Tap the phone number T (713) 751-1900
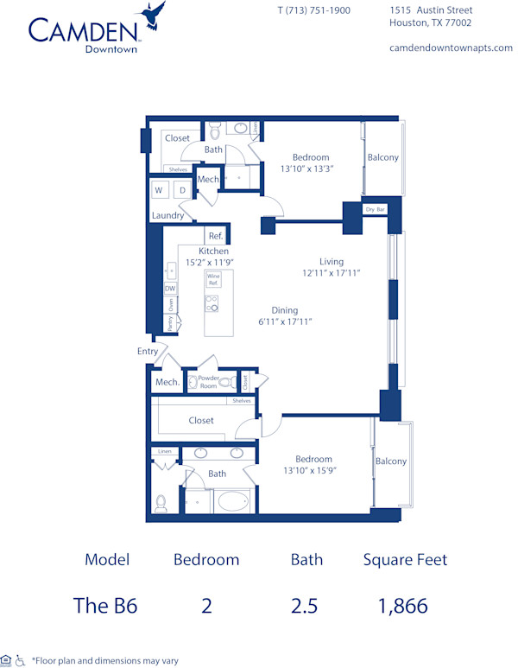[x=313, y=10]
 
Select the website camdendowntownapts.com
[x=451, y=48]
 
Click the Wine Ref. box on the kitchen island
[x=212, y=280]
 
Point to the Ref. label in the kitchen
[x=216, y=236]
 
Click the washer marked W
[x=160, y=190]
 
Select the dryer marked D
[x=183, y=190]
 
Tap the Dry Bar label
[x=375, y=209]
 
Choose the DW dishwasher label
[x=170, y=289]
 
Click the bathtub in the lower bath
[x=231, y=501]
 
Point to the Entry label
[x=148, y=352]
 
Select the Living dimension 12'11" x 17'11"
[x=332, y=272]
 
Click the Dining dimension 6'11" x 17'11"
[x=284, y=321]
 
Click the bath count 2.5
[x=304, y=606]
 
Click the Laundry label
[x=167, y=215]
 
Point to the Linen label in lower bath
[x=164, y=451]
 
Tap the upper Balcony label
[x=382, y=157]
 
